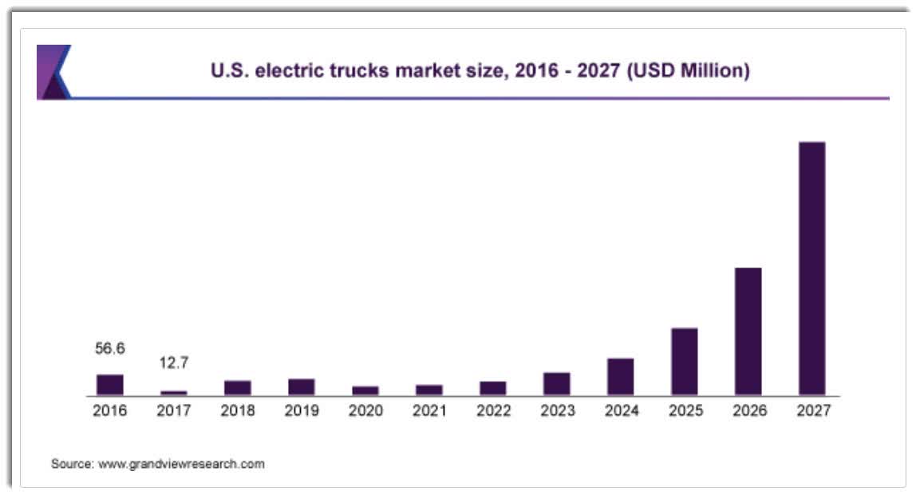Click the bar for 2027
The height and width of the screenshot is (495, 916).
[x=812, y=268]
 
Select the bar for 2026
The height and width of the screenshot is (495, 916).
[x=748, y=331]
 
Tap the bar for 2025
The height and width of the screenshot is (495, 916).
[x=685, y=362]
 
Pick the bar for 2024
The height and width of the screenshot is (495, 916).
[x=621, y=377]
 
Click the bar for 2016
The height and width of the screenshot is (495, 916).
[x=110, y=385]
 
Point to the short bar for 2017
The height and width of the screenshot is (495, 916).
[x=174, y=393]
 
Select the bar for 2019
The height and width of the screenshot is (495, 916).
[x=302, y=387]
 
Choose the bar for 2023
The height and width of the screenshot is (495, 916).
[x=557, y=384]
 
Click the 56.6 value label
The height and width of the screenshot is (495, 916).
[x=110, y=349]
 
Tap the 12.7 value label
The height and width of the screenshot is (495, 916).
[x=174, y=364]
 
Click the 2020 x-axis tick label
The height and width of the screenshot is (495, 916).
[x=365, y=411]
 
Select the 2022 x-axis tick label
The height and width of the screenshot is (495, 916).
[x=493, y=411]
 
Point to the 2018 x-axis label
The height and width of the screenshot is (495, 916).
[x=238, y=411]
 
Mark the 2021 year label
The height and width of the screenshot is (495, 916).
[x=429, y=411]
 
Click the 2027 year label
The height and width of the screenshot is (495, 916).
[x=812, y=411]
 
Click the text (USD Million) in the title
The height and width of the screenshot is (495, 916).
[x=688, y=71]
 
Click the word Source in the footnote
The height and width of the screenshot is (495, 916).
[x=72, y=464]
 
